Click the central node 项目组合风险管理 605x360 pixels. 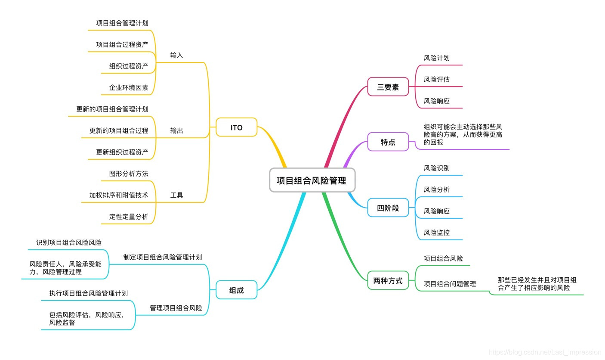click(312, 180)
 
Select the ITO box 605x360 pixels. click(236, 127)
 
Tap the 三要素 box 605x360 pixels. click(388, 87)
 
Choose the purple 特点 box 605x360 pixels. click(388, 142)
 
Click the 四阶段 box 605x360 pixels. click(388, 208)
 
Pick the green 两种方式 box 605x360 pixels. click(388, 281)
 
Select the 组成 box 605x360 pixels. click(236, 290)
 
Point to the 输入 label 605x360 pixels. click(176, 55)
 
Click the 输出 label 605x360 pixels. click(176, 130)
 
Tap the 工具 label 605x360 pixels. click(176, 195)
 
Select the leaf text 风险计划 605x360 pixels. click(436, 58)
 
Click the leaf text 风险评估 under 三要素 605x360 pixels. click(436, 79)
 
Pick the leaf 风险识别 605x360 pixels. click(436, 168)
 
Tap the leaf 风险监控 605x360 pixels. click(436, 233)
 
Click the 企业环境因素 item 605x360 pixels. click(128, 87)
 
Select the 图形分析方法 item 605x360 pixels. click(128, 174)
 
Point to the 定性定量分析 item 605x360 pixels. click(128, 217)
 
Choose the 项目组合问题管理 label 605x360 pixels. click(450, 284)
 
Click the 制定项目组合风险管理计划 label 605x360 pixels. click(162, 257)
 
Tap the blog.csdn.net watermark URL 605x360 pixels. click(545, 352)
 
